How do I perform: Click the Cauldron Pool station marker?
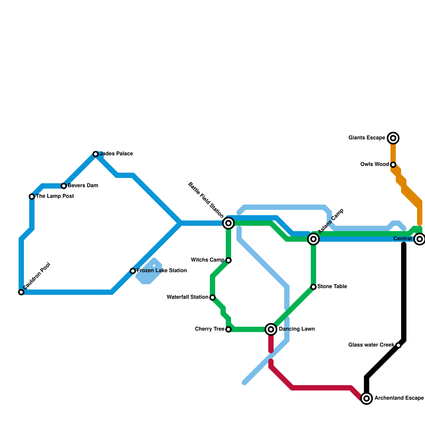pos(21,292)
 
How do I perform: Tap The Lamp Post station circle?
pos(32,197)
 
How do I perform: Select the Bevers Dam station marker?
pos(64,186)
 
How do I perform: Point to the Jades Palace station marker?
pos(96,154)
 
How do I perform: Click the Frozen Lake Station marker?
pos(133,271)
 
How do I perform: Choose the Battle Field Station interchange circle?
pos(228,223)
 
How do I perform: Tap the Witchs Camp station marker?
pos(228,260)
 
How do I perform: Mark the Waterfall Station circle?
pos(212,297)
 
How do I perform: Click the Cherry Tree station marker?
pos(228,329)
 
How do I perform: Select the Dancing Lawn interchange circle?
pos(271,329)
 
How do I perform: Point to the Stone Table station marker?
pos(313,287)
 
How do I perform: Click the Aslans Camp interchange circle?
pos(313,239)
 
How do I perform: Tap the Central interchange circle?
pos(420,239)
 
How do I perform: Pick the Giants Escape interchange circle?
pos(393,138)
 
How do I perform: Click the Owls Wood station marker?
pos(393,165)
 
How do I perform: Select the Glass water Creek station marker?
pos(398,345)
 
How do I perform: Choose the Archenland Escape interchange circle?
pos(367,398)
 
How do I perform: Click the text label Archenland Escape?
pos(399,398)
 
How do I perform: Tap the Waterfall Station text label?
pos(187,297)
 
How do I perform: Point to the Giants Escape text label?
pos(367,138)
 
